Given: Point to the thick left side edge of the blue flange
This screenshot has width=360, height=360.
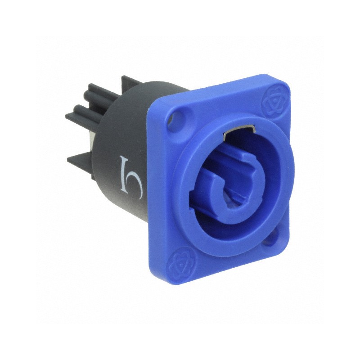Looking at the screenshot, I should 155,189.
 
